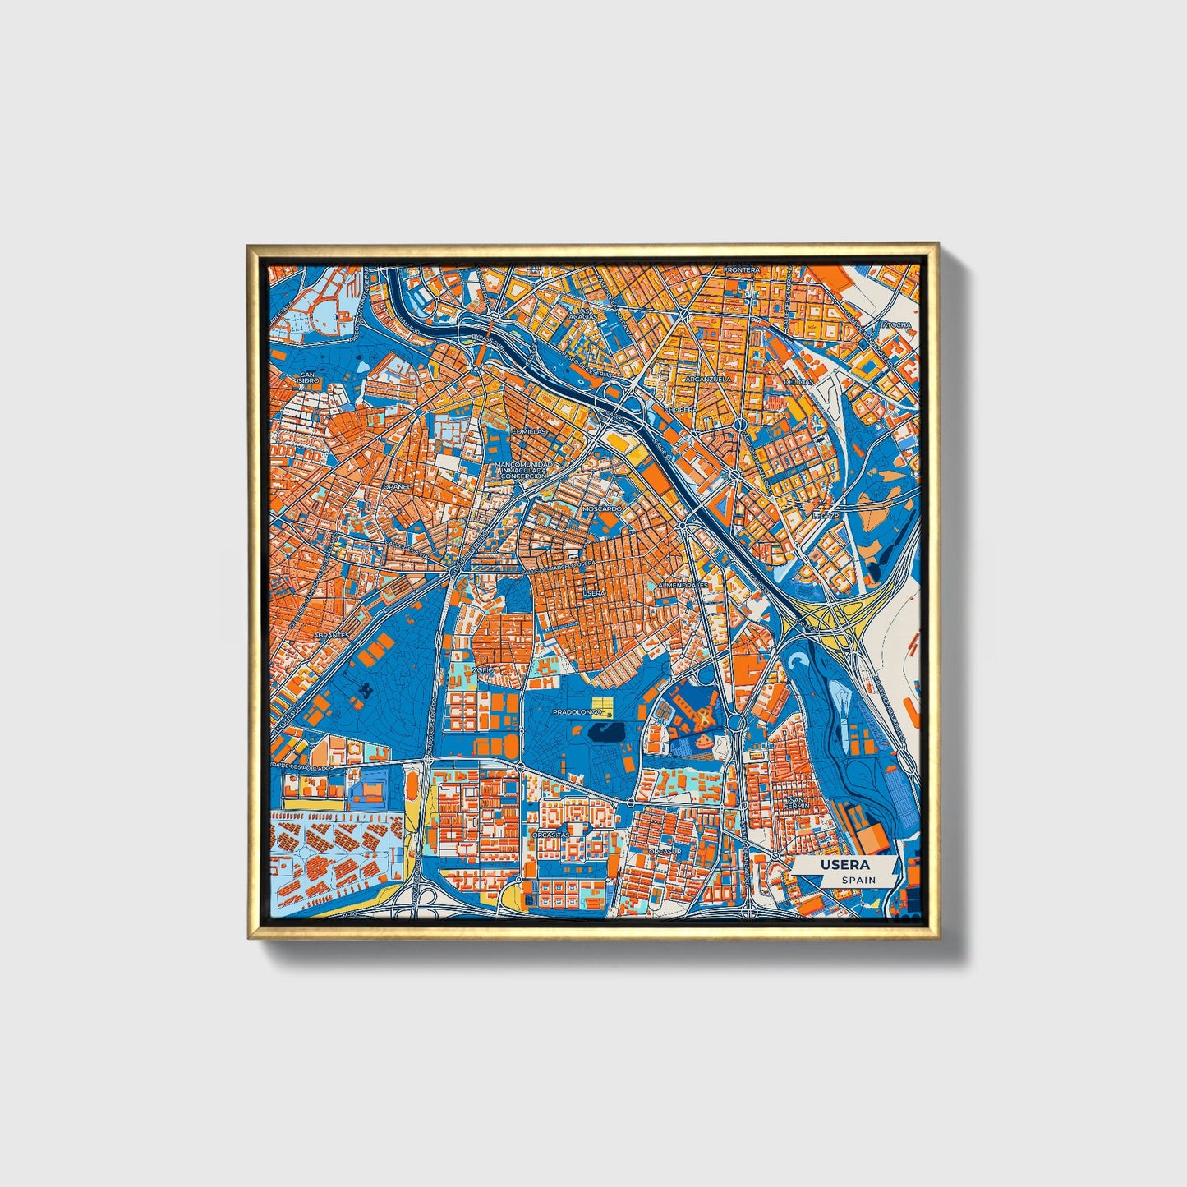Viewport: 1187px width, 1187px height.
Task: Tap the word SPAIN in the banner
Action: pyautogui.click(x=858, y=880)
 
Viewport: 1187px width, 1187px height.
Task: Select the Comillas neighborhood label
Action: pyautogui.click(x=528, y=430)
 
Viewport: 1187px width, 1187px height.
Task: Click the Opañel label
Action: pyautogui.click(x=396, y=486)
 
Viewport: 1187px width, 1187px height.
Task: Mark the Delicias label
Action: pyautogui.click(x=798, y=382)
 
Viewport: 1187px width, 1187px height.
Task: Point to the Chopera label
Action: pyautogui.click(x=680, y=409)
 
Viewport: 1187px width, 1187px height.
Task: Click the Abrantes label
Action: pyautogui.click(x=330, y=635)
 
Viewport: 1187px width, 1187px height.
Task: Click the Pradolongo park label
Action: pyautogui.click(x=577, y=712)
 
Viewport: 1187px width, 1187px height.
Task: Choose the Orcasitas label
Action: pyautogui.click(x=550, y=834)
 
